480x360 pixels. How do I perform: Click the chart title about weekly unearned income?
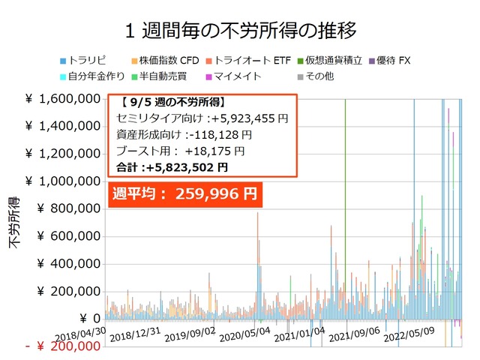pos(240,31)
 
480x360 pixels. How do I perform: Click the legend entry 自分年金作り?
pos(90,76)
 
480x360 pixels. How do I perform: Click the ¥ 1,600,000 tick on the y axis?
pos(63,99)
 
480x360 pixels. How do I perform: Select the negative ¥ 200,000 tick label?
pos(63,346)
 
